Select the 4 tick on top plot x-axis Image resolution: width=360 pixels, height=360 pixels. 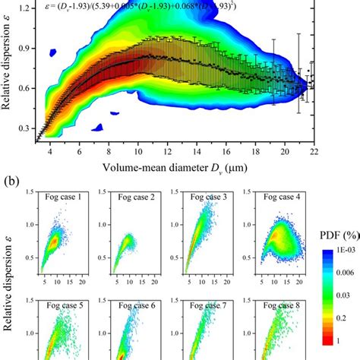point(49,151)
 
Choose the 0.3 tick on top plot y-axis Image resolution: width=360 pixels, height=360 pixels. point(25,130)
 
